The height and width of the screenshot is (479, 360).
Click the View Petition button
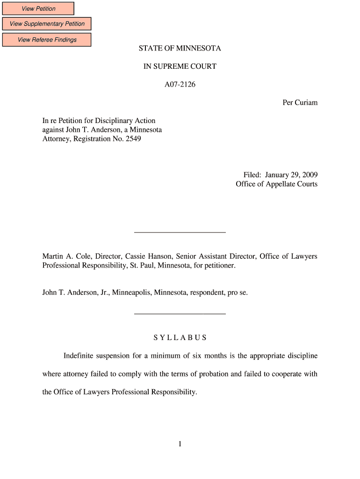coord(38,8)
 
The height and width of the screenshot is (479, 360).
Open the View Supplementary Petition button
coord(47,24)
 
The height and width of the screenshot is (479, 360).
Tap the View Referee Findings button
coord(47,40)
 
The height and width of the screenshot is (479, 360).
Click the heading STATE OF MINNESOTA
coord(180,49)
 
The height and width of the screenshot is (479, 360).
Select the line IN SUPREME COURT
coord(180,66)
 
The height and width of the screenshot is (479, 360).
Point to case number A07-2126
coord(180,85)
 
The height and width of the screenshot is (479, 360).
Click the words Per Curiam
coord(300,102)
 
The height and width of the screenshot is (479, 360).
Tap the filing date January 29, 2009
coord(291,175)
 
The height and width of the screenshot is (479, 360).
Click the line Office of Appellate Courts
coord(276,184)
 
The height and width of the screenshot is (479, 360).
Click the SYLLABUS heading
coord(180,338)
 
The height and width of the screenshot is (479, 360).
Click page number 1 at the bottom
coord(180,444)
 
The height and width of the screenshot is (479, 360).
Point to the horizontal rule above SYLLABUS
coord(180,314)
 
